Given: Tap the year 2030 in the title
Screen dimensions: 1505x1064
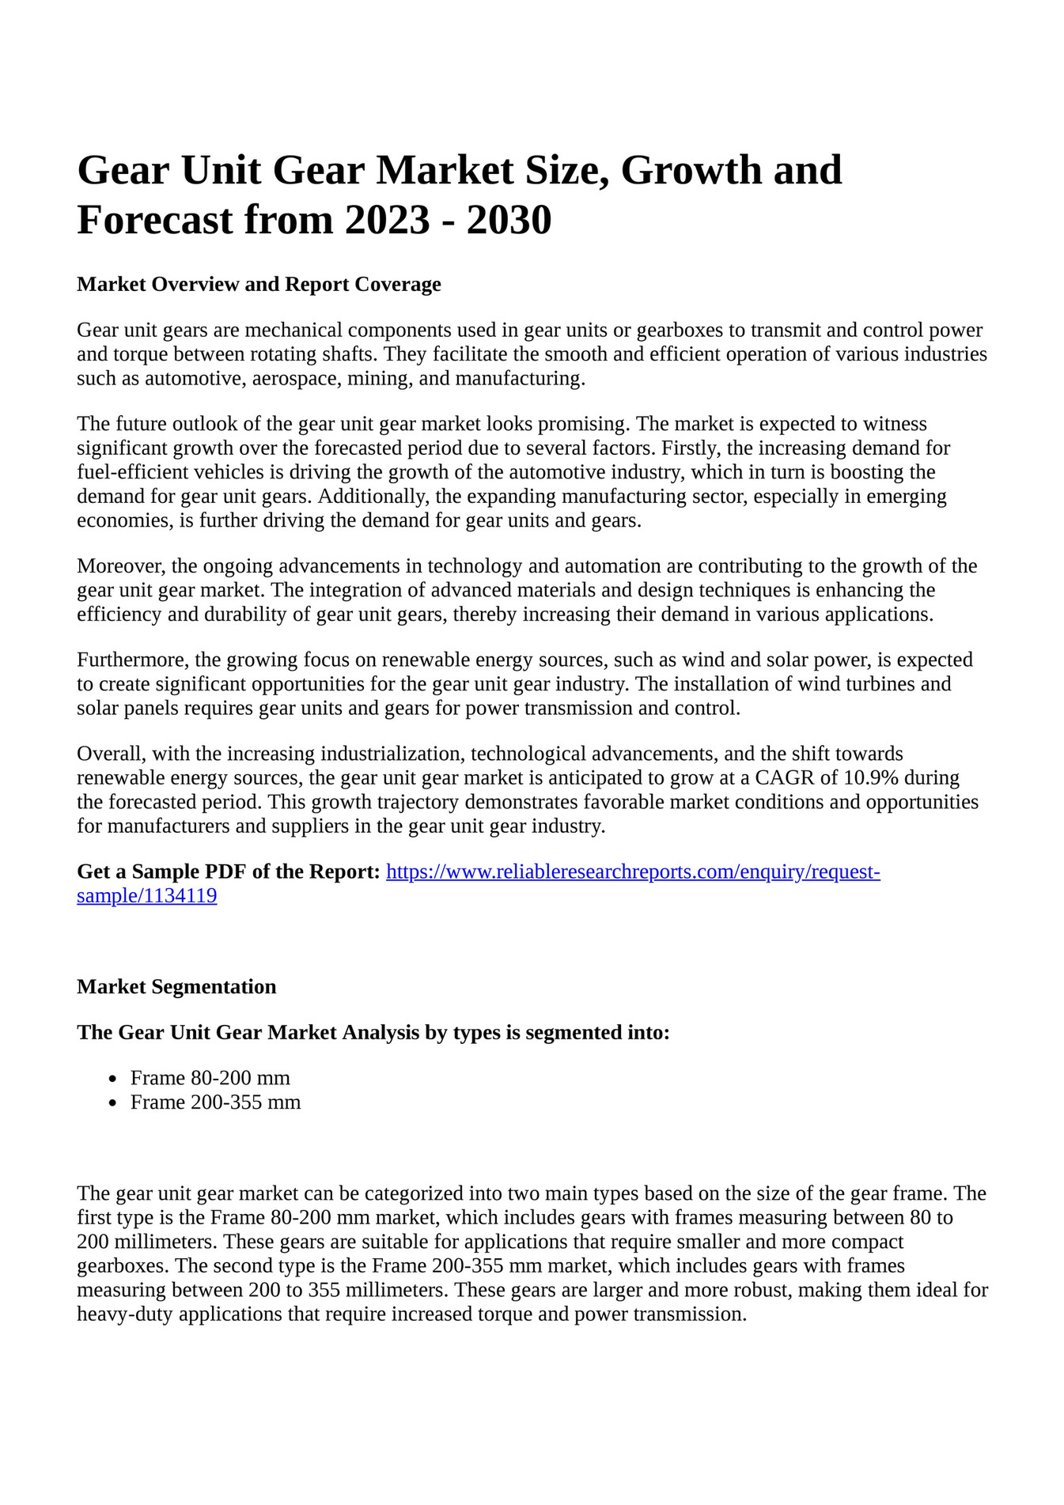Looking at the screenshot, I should (509, 220).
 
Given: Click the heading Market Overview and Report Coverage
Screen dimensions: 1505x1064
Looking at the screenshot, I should (259, 284).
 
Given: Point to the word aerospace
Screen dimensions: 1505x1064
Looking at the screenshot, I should (294, 379).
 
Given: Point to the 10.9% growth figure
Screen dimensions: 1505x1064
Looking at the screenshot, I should (871, 778).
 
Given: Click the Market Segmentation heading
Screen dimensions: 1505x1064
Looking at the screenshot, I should (176, 987).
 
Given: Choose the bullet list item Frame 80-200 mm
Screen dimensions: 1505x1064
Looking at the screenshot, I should (210, 1078).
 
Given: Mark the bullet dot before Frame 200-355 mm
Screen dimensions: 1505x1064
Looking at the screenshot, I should (114, 1103).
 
